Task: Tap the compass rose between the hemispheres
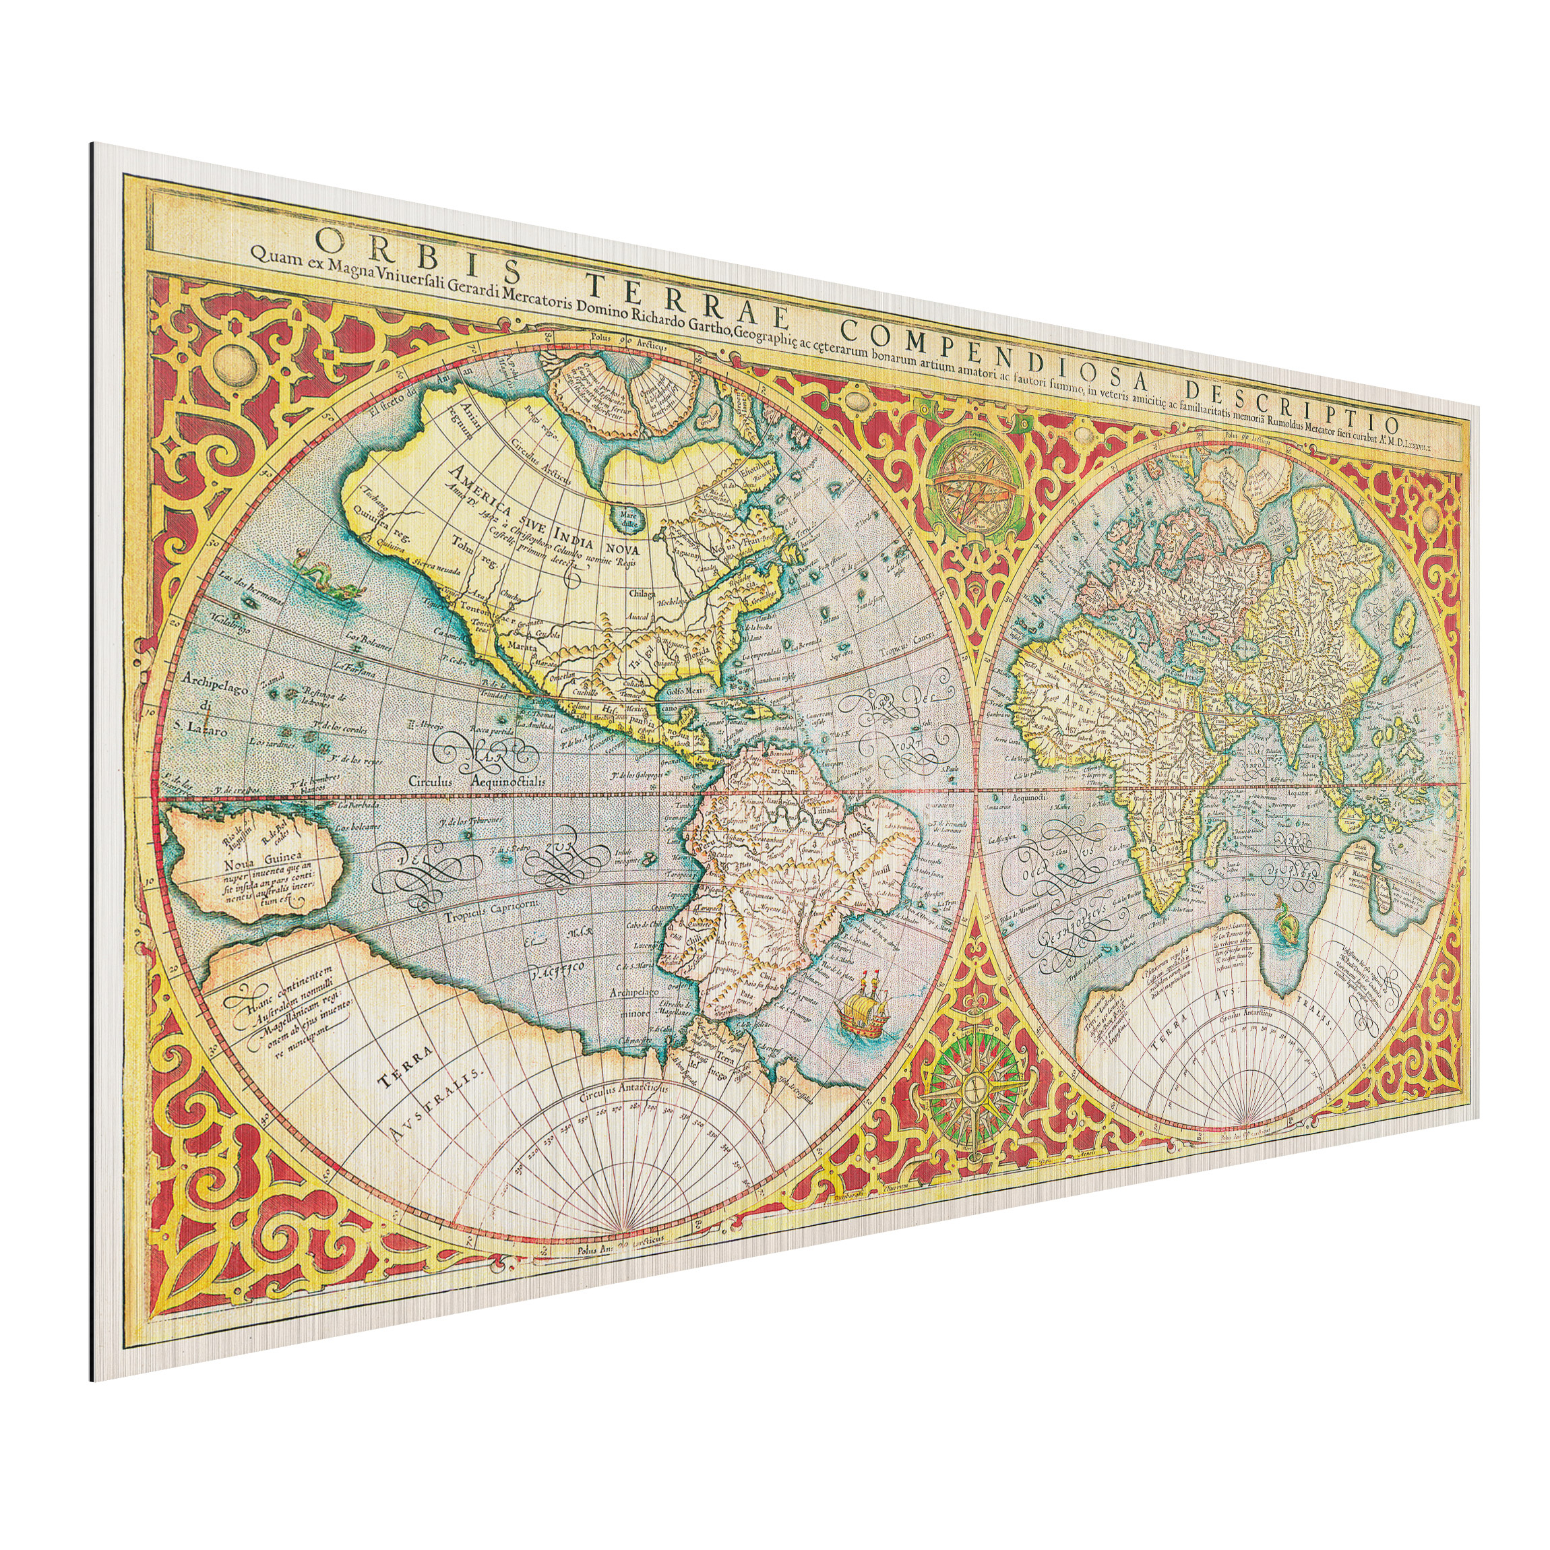click(x=974, y=1085)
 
